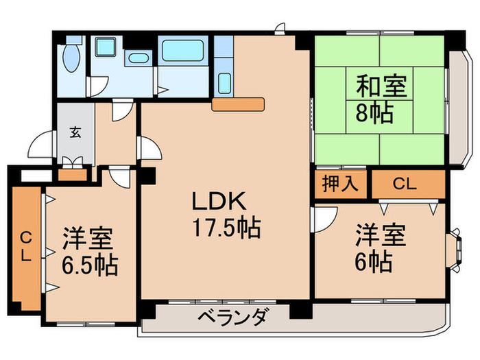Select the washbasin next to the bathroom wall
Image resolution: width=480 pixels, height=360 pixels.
click(x=224, y=83)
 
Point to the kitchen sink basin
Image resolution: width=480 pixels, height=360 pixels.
click(x=224, y=50)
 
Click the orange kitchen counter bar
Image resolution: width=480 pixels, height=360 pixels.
click(x=238, y=104)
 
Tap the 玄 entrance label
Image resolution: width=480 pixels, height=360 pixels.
click(x=74, y=133)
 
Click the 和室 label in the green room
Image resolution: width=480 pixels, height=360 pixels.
click(x=381, y=87)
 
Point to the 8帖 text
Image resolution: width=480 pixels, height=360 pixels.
click(x=373, y=112)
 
